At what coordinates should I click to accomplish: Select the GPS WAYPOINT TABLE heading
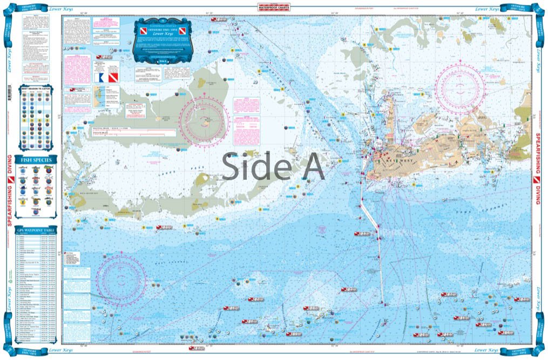(x=35, y=230)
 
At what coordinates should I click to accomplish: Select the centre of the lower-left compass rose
(x=121, y=278)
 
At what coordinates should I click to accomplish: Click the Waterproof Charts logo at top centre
(x=274, y=8)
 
